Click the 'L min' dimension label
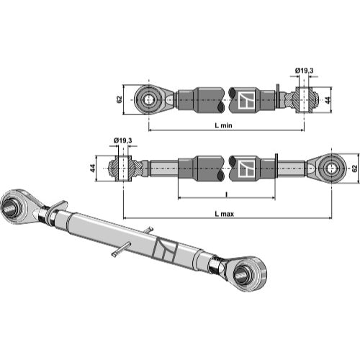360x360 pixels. (223, 125)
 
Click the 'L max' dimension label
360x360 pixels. (224, 214)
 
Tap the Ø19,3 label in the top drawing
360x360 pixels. (304, 71)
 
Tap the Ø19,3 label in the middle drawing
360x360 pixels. (122, 140)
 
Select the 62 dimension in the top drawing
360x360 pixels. (120, 99)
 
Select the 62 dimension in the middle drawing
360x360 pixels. (354, 168)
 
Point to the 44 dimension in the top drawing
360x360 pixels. (328, 99)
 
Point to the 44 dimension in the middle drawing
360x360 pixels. (92, 168)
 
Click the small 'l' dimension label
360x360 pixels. (227, 194)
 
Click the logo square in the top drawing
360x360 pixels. (246, 100)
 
